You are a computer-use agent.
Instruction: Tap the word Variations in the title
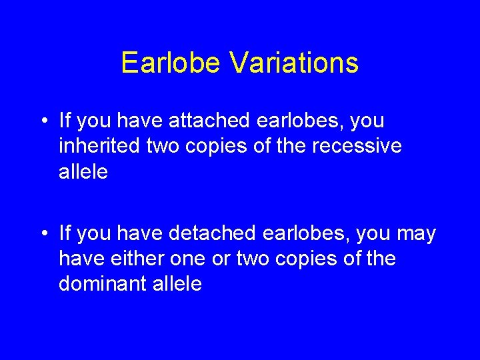coord(294,63)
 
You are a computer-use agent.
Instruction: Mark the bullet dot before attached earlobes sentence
coord(43,121)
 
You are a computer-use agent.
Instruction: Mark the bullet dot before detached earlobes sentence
coord(43,235)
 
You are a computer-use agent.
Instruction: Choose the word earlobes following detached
coord(313,234)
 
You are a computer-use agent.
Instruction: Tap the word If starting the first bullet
coord(65,121)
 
